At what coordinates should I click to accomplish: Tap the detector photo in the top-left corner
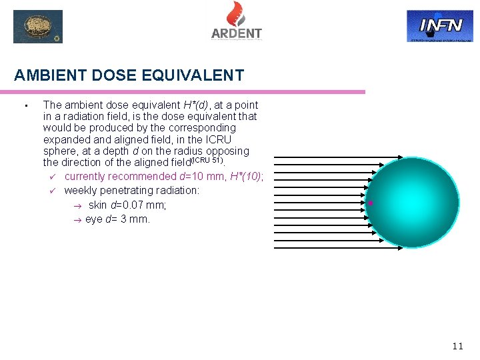click(38, 27)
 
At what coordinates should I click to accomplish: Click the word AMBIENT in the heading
click(45, 76)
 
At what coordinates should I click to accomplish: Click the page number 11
click(457, 345)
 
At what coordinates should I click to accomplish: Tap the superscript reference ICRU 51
click(208, 161)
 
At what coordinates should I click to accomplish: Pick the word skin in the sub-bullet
click(97, 205)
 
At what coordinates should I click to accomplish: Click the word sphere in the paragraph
click(59, 151)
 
